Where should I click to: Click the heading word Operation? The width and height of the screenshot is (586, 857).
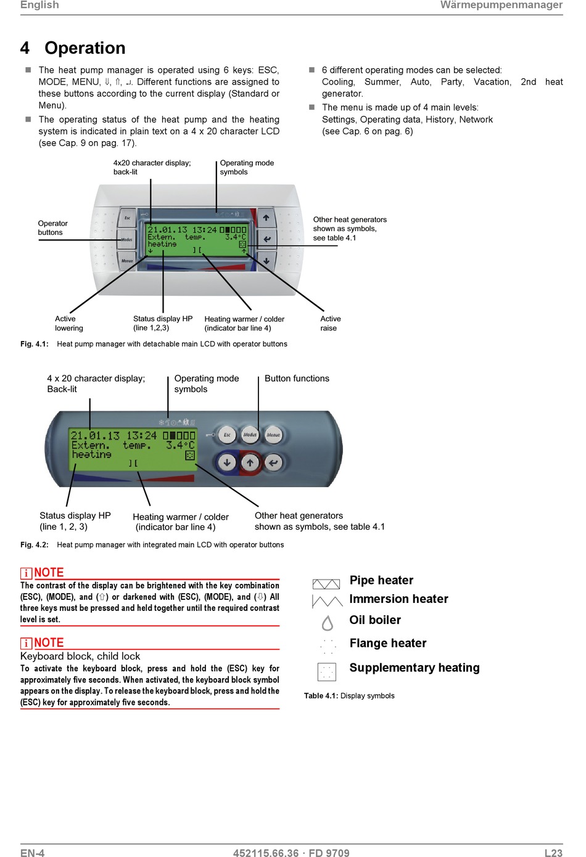point(85,48)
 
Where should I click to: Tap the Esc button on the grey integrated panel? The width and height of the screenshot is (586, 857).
point(227,435)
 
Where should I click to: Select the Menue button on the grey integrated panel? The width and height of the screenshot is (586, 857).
point(273,435)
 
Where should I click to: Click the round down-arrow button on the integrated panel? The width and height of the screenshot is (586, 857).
point(227,462)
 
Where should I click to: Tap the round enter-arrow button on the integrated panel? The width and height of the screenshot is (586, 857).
point(273,462)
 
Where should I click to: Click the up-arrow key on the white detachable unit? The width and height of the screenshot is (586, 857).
point(266,218)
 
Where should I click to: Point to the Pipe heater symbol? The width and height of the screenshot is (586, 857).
point(326,584)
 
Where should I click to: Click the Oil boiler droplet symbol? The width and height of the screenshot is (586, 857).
point(328,623)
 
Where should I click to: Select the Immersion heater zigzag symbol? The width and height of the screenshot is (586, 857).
point(327,601)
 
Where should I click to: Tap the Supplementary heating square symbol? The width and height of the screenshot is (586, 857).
point(327,671)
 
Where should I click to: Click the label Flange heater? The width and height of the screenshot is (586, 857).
point(388,643)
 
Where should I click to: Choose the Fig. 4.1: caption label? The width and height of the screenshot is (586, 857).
point(35,344)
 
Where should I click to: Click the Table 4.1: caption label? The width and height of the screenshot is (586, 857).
point(321,695)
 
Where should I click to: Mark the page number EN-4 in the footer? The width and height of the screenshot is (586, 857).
point(32,853)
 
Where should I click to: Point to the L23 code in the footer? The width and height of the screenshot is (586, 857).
point(553,853)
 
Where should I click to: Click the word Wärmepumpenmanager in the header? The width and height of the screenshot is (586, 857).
point(501,5)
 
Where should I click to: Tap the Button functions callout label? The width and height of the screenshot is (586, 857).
point(297,379)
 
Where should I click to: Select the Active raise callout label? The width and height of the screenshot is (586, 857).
point(330,323)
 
